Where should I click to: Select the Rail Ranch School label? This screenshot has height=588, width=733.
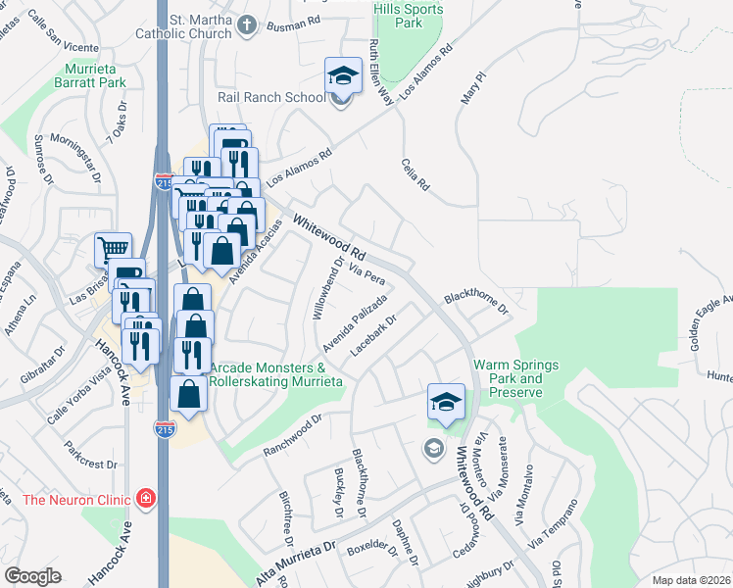click(x=271, y=97)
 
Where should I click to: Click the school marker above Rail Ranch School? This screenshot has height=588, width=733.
click(x=343, y=74)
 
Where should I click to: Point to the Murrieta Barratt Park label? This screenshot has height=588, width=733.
click(x=97, y=75)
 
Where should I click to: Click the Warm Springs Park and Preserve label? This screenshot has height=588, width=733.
click(x=515, y=378)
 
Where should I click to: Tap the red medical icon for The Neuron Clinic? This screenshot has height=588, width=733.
click(x=146, y=499)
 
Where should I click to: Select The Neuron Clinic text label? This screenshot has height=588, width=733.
click(x=76, y=500)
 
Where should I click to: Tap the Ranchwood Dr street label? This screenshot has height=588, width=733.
click(x=292, y=436)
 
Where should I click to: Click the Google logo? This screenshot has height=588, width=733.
click(x=33, y=576)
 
